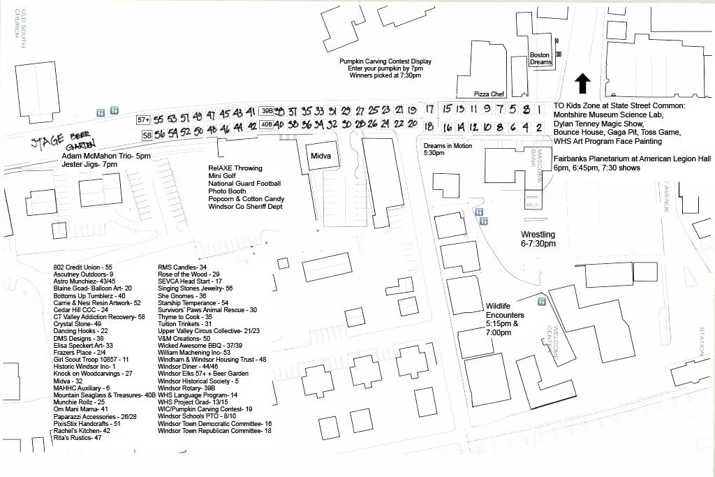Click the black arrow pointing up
(582, 84)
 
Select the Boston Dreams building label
(540, 59)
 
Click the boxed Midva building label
(320, 155)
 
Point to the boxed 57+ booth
(144, 120)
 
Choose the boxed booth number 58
(147, 135)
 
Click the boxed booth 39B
(266, 111)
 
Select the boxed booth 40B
(266, 125)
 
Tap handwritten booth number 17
(429, 110)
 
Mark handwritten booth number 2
(538, 127)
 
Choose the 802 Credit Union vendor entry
(82, 267)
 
